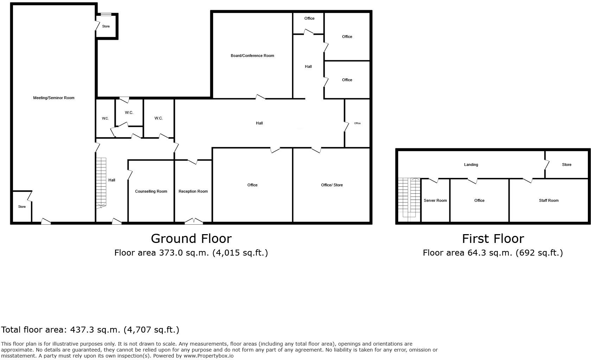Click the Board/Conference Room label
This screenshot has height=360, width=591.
tap(252, 56)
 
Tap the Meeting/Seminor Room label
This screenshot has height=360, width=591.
tap(53, 98)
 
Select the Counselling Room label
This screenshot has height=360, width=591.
tap(151, 191)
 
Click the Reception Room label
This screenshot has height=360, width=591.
tap(193, 191)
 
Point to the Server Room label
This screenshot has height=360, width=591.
tap(435, 200)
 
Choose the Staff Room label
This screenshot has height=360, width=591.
tap(548, 200)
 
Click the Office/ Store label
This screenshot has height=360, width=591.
tap(332, 185)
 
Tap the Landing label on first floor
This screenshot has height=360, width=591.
tap(471, 165)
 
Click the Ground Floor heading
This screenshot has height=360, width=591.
tap(191, 239)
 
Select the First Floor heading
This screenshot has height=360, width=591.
tap(493, 239)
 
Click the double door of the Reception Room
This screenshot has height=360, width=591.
tap(194, 221)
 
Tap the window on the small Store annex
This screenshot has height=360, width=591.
tap(106, 14)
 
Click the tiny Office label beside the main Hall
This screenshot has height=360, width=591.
tap(357, 123)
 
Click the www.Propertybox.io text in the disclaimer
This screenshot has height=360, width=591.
tap(208, 356)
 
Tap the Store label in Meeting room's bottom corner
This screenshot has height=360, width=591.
tap(22, 207)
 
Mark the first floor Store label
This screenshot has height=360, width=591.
tap(566, 165)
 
